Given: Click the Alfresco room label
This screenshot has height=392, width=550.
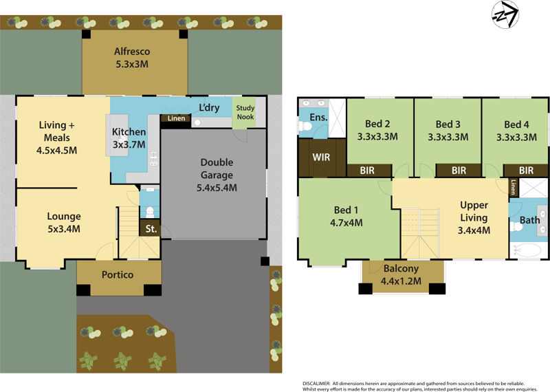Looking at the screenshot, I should click(132, 52).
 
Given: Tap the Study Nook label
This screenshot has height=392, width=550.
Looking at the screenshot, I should click(245, 112).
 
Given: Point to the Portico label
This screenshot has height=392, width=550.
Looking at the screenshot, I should click(118, 275).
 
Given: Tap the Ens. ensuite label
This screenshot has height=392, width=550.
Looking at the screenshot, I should click(318, 118).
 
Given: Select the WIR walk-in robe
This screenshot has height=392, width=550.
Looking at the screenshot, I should click(322, 157).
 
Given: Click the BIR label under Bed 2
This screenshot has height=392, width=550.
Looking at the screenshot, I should click(368, 170).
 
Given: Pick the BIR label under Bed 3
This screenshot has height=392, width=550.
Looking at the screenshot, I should click(459, 170).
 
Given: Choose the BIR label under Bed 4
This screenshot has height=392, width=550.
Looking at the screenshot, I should click(526, 170).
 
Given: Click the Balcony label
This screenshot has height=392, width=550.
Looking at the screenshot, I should click(403, 269).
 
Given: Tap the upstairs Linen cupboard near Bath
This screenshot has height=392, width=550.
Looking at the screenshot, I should click(513, 186).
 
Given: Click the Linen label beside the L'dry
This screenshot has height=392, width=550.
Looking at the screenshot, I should click(177, 119).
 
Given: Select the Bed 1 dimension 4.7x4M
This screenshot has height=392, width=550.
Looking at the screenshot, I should click(346, 222).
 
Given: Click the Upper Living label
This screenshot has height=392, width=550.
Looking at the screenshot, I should click(474, 206).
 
